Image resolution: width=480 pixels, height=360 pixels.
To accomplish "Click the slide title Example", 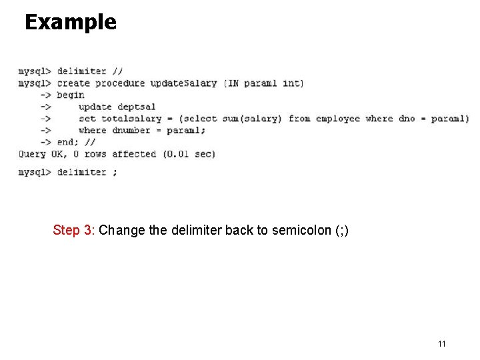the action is [71, 23].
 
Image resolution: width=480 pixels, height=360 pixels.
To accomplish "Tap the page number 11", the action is [441, 344].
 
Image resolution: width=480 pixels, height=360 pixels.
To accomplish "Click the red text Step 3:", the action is [75, 231].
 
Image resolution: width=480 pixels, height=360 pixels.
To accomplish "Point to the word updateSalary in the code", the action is [183, 83].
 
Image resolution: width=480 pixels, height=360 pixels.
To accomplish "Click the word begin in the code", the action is [71, 95].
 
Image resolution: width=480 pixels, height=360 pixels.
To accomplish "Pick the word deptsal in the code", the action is [136, 107].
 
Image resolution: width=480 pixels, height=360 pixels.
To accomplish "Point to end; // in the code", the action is [76, 142].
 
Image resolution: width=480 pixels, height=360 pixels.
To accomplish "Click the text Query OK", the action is [40, 154].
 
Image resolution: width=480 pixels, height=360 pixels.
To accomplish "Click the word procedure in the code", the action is [120, 83].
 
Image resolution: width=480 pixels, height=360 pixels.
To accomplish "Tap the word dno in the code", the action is [407, 119].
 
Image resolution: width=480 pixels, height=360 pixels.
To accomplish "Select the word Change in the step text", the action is [123, 231].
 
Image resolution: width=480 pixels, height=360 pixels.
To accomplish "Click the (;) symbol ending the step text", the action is [341, 231].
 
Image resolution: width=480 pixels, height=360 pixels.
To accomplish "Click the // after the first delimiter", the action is [117, 71].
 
